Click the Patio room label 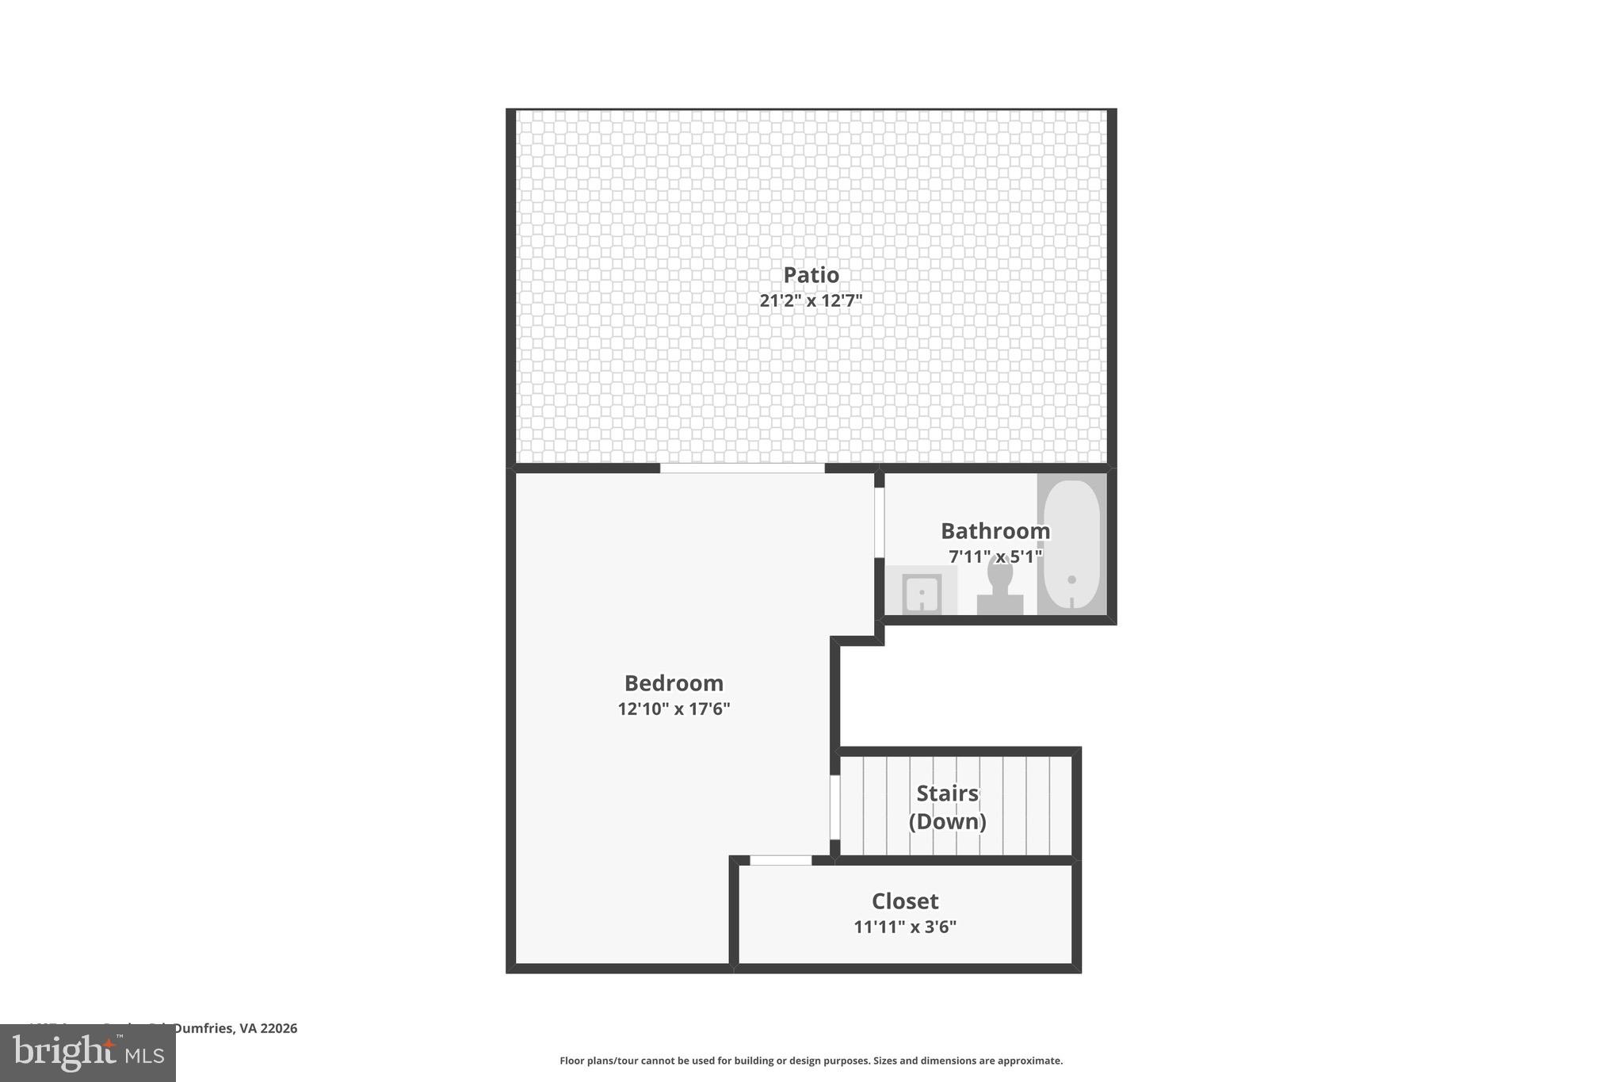tap(811, 274)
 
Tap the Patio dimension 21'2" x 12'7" tap(811, 300)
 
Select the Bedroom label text tap(674, 682)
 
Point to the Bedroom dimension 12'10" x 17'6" tap(674, 709)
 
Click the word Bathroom tap(995, 530)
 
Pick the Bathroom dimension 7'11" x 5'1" tap(995, 556)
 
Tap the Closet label tap(905, 900)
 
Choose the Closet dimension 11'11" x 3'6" tap(905, 927)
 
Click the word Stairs tap(948, 793)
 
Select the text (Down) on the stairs tap(948, 821)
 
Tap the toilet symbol tap(1000, 587)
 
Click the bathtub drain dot tap(1071, 579)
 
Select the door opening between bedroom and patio tap(743, 468)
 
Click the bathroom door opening tap(879, 522)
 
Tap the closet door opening tap(781, 860)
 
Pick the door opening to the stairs tap(834, 806)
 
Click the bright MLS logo tap(88, 1053)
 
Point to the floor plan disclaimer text tap(811, 1061)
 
